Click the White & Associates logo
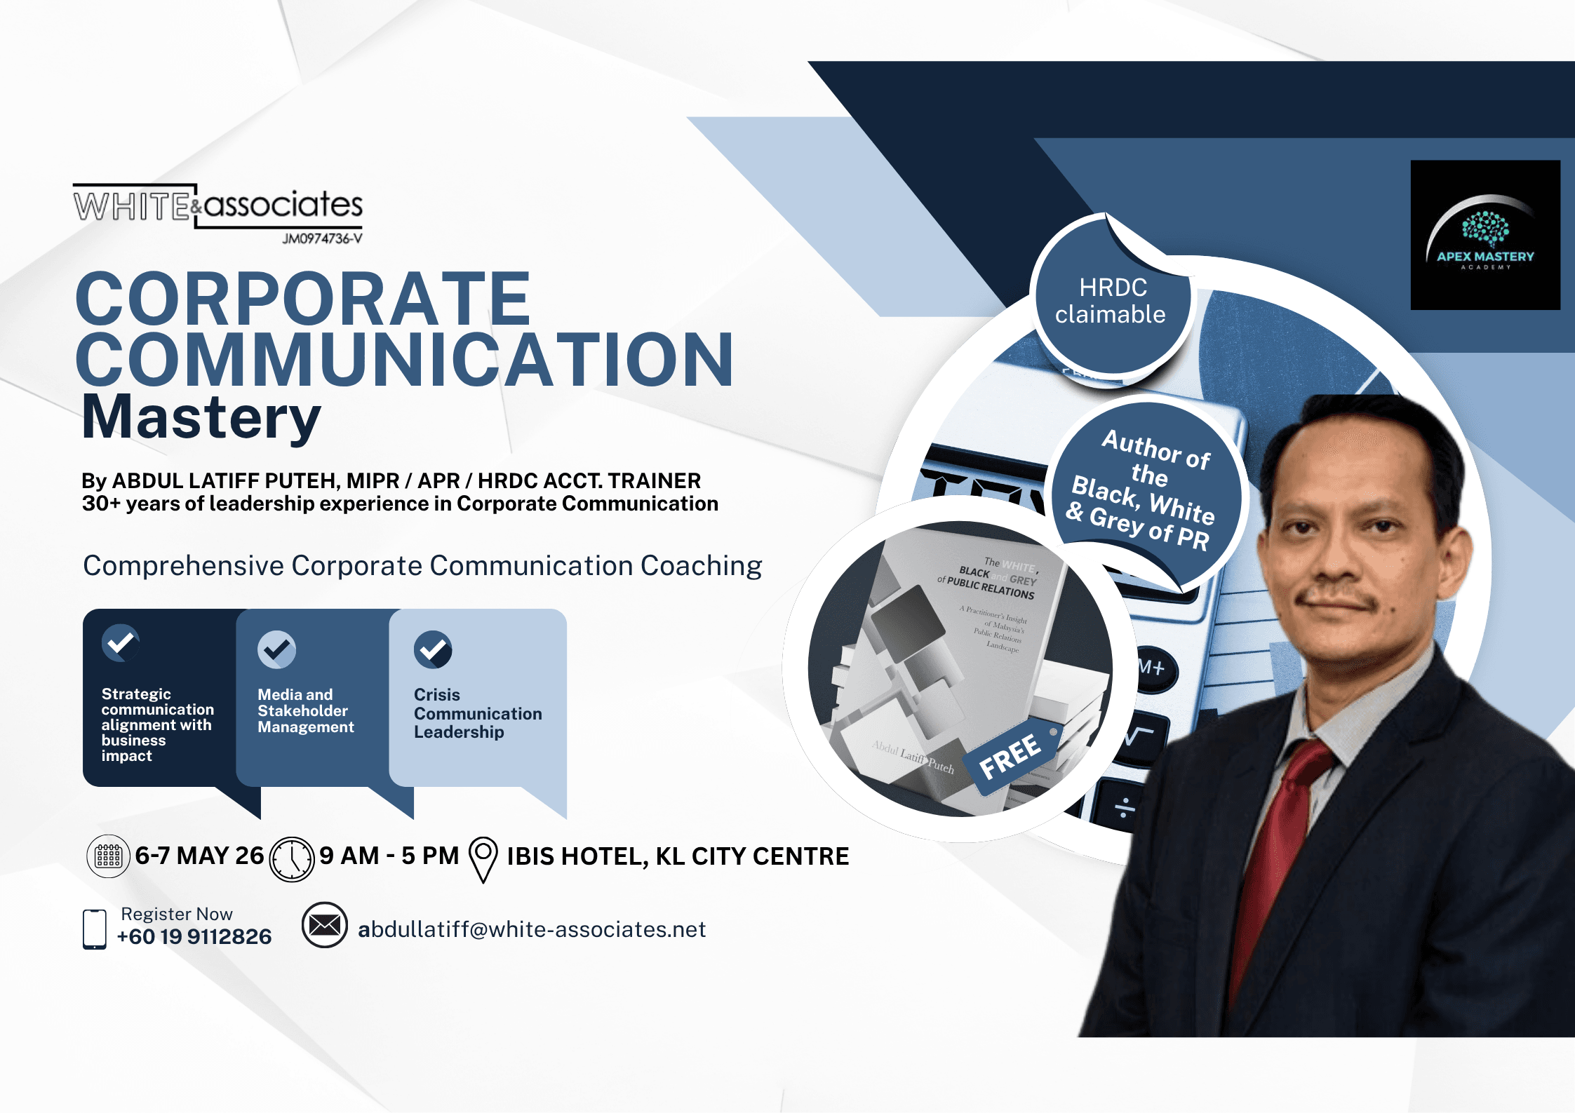point(217,206)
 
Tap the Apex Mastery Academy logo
point(1484,235)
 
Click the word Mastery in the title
point(201,417)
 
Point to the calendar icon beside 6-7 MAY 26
point(108,856)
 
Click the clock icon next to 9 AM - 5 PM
point(292,858)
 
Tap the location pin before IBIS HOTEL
point(483,858)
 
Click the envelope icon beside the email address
point(325,925)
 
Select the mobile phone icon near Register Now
point(95,929)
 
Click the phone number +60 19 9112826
point(194,937)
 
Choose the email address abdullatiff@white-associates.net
point(531,930)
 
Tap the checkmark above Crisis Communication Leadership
point(433,650)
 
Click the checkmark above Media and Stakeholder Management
point(276,650)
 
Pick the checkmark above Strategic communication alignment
point(121,642)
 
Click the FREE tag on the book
point(1011,757)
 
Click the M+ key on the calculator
point(1152,668)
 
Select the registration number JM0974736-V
point(322,238)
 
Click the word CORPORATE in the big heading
point(303,299)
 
